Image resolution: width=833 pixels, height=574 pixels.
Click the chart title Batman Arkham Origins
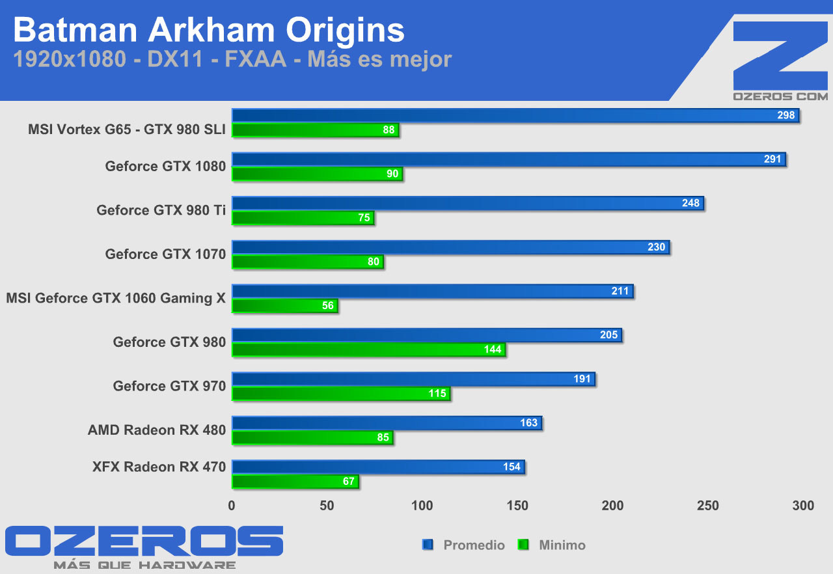point(209,30)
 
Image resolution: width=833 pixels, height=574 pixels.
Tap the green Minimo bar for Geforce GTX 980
point(368,349)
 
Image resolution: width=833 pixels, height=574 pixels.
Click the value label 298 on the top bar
point(786,115)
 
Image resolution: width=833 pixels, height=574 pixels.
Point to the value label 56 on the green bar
point(328,306)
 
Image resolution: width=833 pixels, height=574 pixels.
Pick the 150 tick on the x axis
point(517,506)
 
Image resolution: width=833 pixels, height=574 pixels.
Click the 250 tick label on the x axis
point(708,506)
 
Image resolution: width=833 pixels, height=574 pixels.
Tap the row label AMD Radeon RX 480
point(157,430)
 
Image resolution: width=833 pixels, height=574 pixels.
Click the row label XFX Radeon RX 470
point(159,467)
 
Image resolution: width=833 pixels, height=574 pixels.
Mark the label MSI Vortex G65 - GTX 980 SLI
point(127,130)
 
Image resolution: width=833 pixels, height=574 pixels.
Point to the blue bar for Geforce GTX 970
point(413,379)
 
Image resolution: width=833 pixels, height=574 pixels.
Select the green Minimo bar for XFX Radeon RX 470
point(295,482)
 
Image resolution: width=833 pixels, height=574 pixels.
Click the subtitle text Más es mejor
point(379,60)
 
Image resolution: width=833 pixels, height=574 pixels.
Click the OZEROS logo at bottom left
point(144,545)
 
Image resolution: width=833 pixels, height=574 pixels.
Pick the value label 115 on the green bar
point(437,394)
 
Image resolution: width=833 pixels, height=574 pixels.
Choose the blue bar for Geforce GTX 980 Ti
point(467,203)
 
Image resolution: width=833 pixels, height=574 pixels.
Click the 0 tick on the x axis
point(232,506)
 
